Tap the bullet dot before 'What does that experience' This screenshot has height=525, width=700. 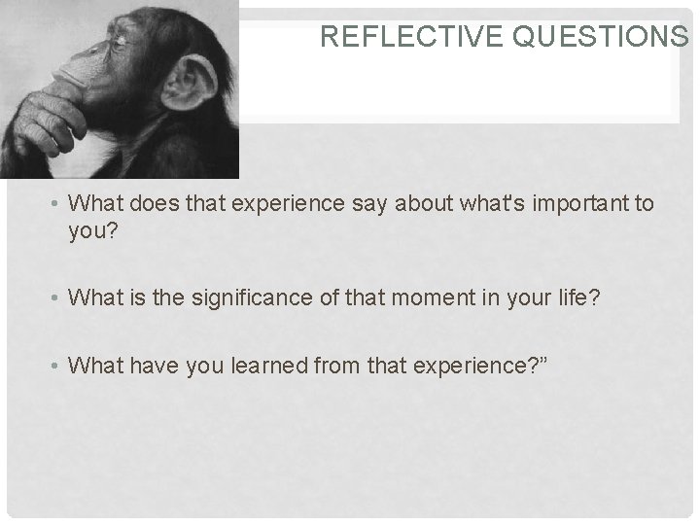(x=58, y=205)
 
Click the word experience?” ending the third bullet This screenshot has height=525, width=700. (x=462, y=367)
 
